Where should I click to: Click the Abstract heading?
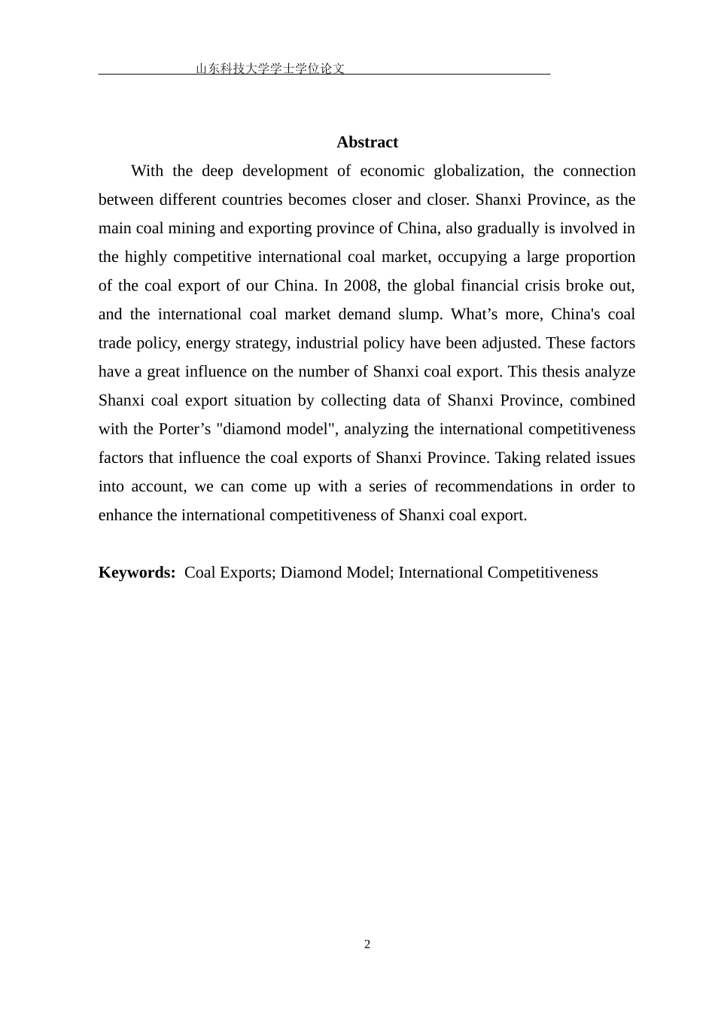[367, 142]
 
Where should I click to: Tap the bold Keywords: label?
[137, 573]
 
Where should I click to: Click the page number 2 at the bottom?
[367, 945]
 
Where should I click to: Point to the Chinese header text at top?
[270, 68]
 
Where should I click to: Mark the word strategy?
[263, 343]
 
